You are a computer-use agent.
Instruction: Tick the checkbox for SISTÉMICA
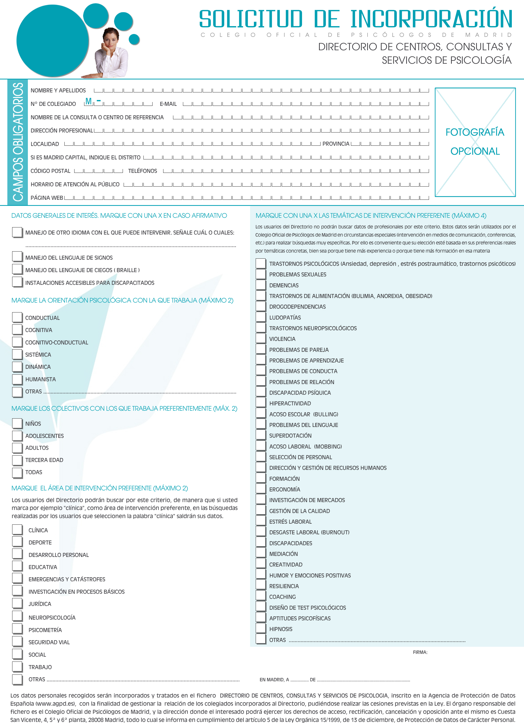17,354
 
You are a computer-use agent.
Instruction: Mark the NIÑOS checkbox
17,423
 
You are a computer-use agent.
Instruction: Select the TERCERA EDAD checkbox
17,460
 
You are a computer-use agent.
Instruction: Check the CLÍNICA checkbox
17,530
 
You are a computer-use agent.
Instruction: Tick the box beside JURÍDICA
17,603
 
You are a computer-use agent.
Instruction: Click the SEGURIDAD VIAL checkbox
17,641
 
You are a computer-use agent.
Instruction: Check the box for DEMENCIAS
260,285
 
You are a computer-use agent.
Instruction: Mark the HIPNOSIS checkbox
260,628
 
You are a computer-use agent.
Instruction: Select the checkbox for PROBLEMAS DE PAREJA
260,349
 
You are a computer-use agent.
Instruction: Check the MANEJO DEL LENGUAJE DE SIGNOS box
17,257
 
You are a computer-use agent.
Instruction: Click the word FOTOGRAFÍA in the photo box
475,132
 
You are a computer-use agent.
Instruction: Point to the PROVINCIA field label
335,144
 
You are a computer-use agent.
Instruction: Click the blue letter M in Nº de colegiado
88,102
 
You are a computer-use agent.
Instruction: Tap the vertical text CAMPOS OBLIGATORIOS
18,142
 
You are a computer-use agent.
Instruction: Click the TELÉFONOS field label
143,171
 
